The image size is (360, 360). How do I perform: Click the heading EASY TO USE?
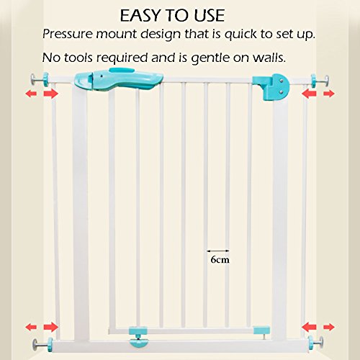coord(172,16)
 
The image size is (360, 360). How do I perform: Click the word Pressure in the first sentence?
coord(68,34)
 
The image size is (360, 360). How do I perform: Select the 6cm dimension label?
coord(220,259)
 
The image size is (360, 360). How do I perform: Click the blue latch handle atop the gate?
coord(119,79)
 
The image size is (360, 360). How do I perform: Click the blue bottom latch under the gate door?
coord(138,337)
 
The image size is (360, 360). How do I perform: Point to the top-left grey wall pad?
coord(33,79)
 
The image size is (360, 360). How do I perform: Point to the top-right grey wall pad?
coord(326,80)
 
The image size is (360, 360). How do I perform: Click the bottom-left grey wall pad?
coord(36,344)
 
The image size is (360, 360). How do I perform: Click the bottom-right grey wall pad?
coord(321,343)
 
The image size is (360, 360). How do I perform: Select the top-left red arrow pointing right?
coord(51,94)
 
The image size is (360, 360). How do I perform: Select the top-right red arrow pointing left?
coord(309,94)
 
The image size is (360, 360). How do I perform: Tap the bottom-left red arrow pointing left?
coord(31,327)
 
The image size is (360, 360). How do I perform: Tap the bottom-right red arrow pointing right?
coord(329,327)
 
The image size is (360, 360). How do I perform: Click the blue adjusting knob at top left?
coord(45,79)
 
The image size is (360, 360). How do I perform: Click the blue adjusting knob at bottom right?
coord(311,343)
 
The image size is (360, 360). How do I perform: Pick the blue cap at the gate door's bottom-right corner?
coord(262,330)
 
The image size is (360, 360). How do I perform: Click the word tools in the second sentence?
coord(78,58)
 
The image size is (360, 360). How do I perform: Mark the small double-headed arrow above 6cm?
coord(218,251)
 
